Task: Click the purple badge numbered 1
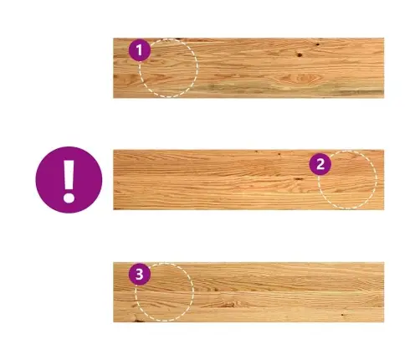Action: (x=140, y=50)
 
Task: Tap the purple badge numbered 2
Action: (x=320, y=164)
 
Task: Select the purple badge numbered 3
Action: (x=140, y=275)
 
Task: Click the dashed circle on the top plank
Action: (x=197, y=68)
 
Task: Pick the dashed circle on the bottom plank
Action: (x=193, y=292)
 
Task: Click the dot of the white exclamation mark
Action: (x=69, y=198)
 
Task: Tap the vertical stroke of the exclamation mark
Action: (x=69, y=174)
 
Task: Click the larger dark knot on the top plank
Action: (x=300, y=54)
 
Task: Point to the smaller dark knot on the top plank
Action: (x=318, y=44)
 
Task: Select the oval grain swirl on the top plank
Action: (x=300, y=78)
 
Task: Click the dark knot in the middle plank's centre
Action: (x=299, y=178)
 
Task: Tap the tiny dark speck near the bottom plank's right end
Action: (x=342, y=315)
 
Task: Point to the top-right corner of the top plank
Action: (x=384, y=38)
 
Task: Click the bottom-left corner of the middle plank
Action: (x=113, y=209)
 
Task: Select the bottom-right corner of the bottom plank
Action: (x=384, y=322)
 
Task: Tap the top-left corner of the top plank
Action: (x=113, y=38)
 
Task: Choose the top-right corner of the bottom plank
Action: (x=384, y=262)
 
